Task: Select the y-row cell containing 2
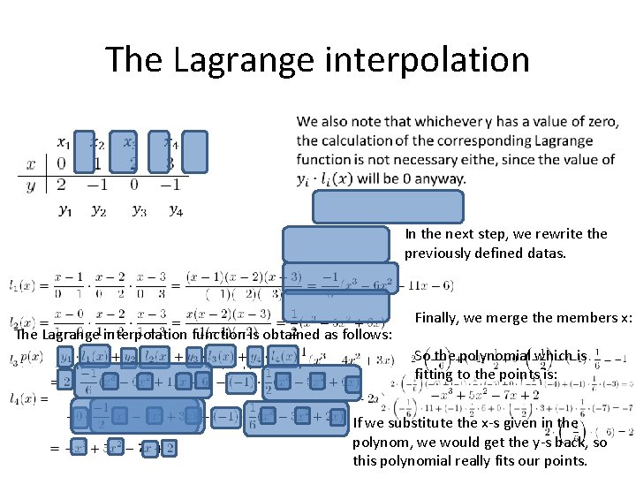point(60,184)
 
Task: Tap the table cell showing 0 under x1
point(60,163)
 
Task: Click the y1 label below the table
point(65,209)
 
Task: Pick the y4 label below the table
point(176,209)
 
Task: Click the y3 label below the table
point(139,209)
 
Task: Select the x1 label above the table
point(64,142)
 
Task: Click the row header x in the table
point(32,163)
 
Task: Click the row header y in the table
point(32,185)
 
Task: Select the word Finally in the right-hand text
point(438,317)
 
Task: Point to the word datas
point(552,253)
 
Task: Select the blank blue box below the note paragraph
point(387,207)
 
